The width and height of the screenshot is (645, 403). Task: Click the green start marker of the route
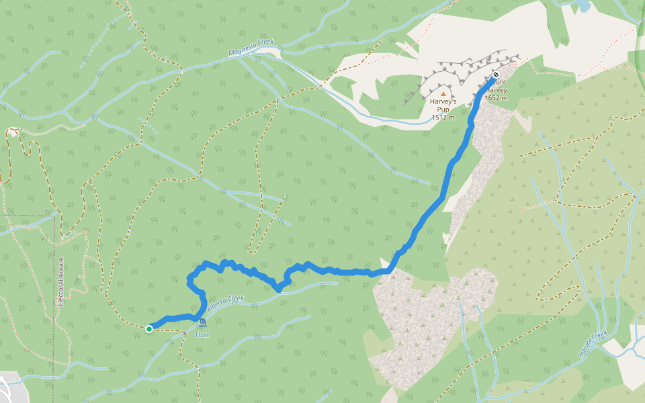(x=148, y=328)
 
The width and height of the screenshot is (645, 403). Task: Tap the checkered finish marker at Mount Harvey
(x=496, y=75)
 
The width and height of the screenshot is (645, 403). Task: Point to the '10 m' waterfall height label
(x=202, y=334)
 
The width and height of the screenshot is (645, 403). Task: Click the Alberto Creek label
(x=225, y=305)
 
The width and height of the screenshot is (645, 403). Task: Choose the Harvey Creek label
(x=593, y=344)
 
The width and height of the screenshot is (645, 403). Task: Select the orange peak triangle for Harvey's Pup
(x=443, y=94)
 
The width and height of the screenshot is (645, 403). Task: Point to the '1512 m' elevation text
(x=443, y=118)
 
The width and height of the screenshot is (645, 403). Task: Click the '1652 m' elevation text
(x=496, y=98)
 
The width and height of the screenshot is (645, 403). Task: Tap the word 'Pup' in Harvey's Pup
(x=443, y=109)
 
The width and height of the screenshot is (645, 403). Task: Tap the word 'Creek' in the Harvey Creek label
(x=600, y=338)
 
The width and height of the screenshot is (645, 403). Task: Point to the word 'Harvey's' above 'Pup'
(x=443, y=102)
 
